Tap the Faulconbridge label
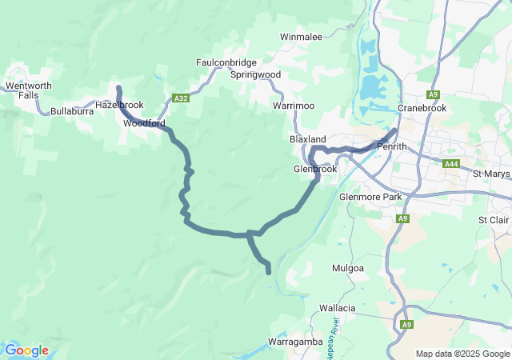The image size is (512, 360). (x=226, y=62)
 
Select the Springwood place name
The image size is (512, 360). (x=255, y=74)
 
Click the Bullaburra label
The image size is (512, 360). (x=72, y=111)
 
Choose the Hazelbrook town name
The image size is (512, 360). (x=119, y=105)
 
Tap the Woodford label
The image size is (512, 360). (x=144, y=124)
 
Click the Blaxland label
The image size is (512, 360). (x=307, y=139)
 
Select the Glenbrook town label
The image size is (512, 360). (x=315, y=170)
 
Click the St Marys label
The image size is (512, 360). (x=491, y=174)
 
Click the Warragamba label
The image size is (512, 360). (x=294, y=342)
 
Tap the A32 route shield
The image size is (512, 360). (x=181, y=98)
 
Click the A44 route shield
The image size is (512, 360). (x=452, y=163)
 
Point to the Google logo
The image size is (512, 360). (x=26, y=350)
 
